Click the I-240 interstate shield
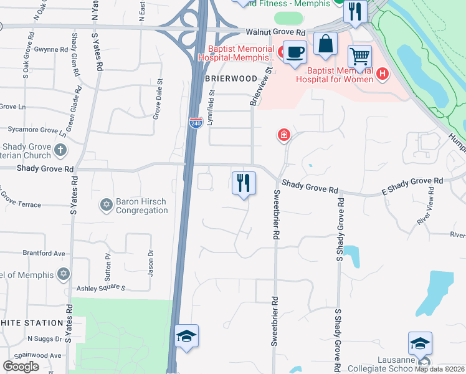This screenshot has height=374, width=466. pos(196,122)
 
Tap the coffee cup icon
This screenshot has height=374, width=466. pos(295,52)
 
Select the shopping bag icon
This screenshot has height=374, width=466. pos(325,44)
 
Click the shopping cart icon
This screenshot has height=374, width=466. pos(359,57)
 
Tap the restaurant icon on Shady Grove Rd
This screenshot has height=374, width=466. pos(244,183)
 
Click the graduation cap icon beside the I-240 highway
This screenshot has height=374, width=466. pos(186,337)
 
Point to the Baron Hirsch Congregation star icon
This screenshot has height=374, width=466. pos(105,204)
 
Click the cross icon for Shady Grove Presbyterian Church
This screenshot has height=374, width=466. pos(60,150)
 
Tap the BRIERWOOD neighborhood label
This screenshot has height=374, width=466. pos(230,79)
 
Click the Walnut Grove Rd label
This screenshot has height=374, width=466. pos(275,32)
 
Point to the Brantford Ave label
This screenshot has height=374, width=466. pos(44,254)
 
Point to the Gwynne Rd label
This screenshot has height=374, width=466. pos(51,49)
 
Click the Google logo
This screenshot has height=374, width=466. pos(21,367)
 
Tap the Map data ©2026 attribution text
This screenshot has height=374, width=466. pos(440,369)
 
